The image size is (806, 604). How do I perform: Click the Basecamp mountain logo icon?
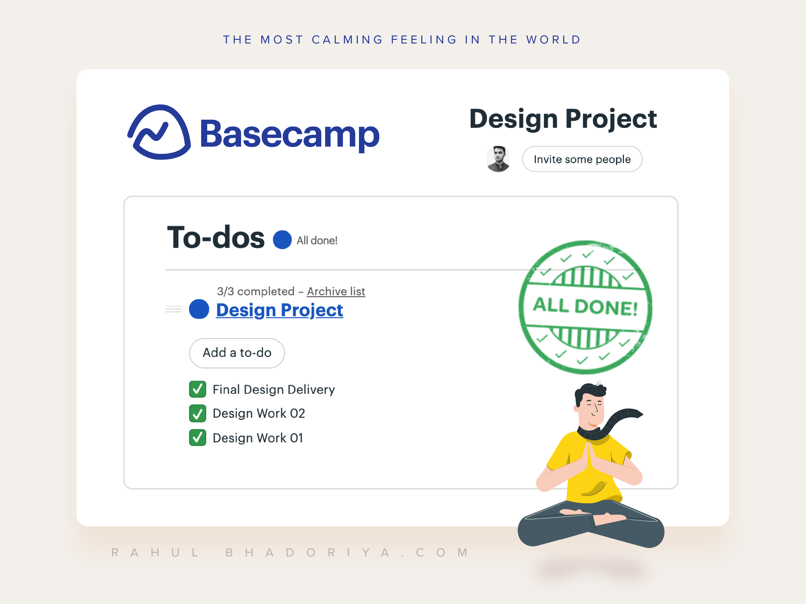pos(159,132)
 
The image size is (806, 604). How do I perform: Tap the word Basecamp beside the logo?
pos(290,135)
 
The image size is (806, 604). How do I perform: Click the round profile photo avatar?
pos(498,159)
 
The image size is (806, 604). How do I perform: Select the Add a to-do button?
pos(237,353)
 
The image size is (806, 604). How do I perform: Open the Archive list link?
pos(336,291)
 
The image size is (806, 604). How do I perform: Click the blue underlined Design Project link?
pos(279,310)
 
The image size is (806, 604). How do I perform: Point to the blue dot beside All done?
pos(282,240)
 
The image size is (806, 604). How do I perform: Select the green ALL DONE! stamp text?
pos(585,307)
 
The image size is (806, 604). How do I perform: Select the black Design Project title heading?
pos(563,119)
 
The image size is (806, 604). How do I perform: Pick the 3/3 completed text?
pos(256,291)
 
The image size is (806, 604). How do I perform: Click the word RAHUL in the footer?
pos(155,553)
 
